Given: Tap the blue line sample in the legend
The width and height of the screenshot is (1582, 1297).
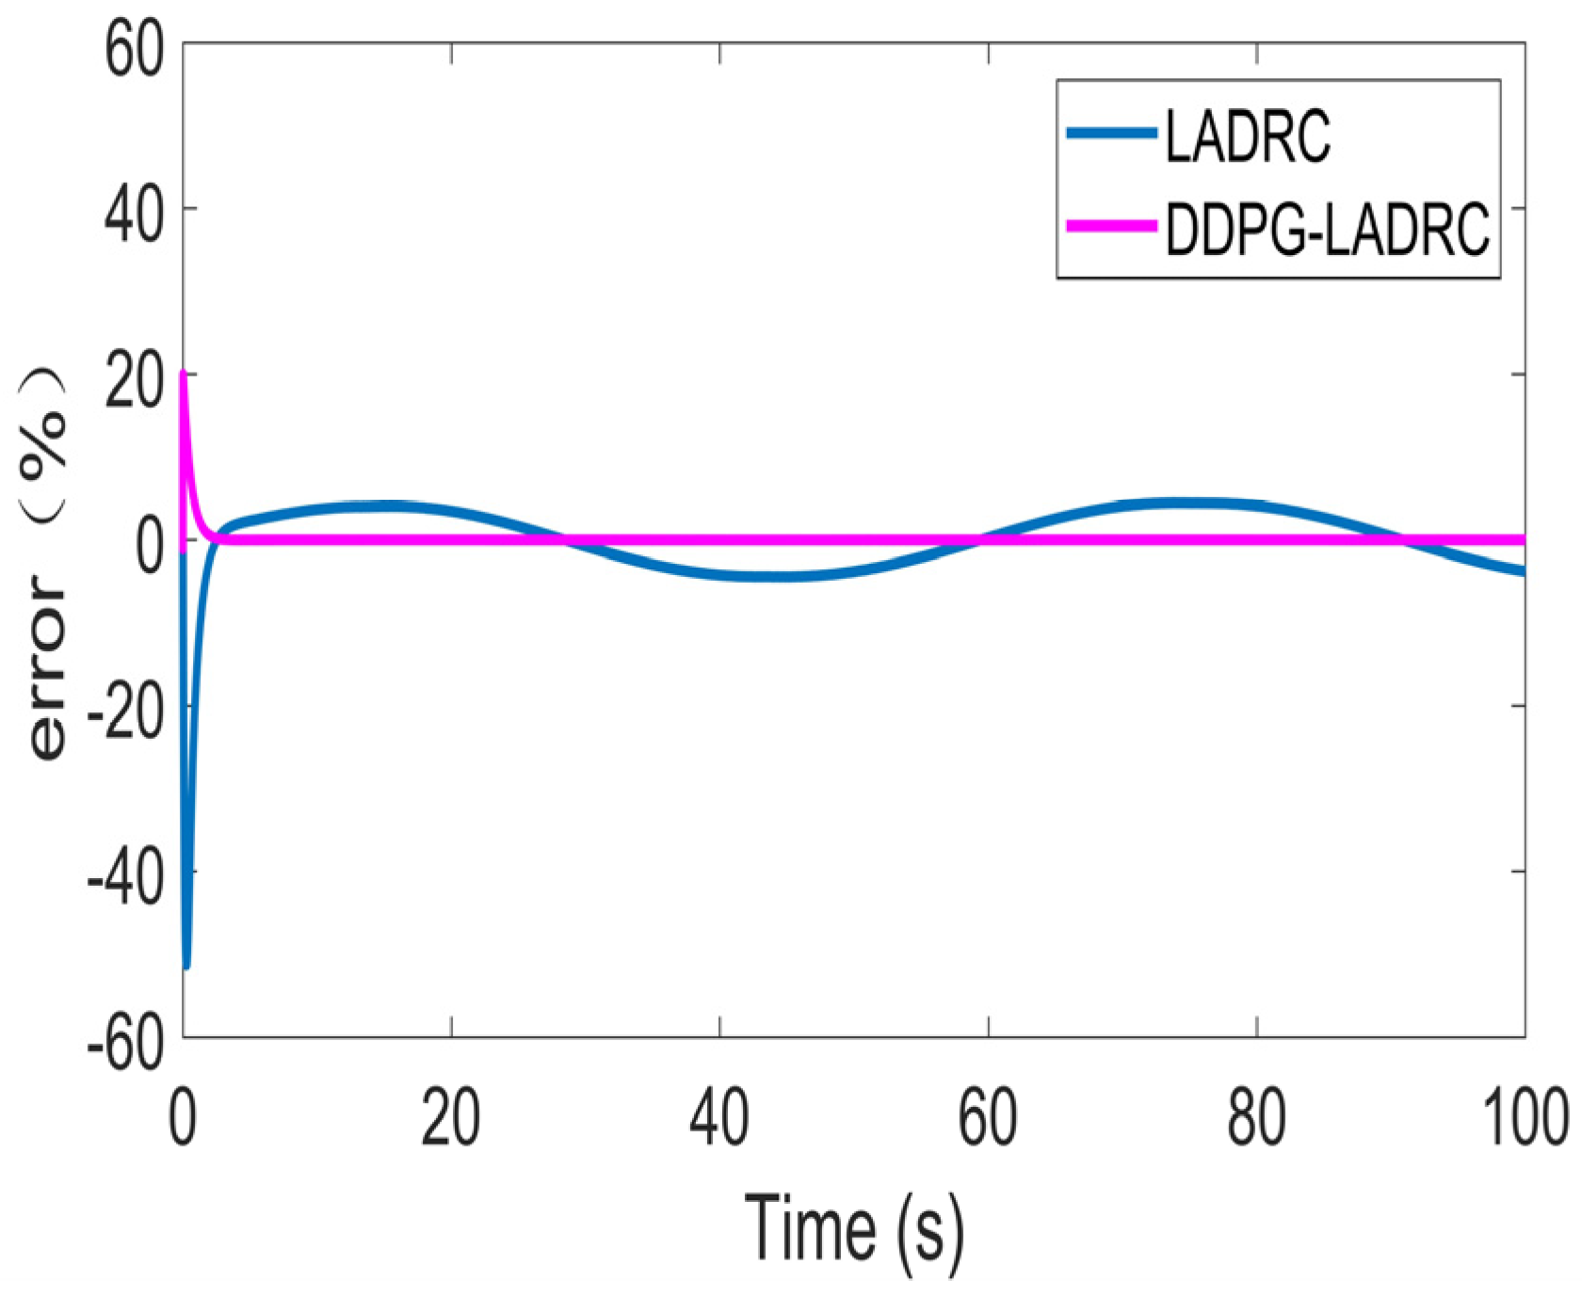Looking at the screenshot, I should [x=1111, y=134].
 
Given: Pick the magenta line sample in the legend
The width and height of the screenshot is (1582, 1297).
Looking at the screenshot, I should [x=1111, y=226].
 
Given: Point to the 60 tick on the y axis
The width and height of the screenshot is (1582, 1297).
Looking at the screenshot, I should [x=134, y=49].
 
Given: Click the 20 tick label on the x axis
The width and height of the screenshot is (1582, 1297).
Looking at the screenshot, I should [x=451, y=1117].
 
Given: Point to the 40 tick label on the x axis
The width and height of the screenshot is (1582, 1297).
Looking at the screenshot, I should [x=719, y=1117].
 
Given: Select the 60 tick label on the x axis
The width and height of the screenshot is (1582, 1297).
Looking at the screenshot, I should [x=988, y=1117].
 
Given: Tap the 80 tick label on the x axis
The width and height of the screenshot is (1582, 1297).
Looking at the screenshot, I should [x=1256, y=1117].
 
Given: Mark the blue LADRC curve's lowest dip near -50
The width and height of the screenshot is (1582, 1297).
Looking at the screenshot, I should [x=186, y=965].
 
